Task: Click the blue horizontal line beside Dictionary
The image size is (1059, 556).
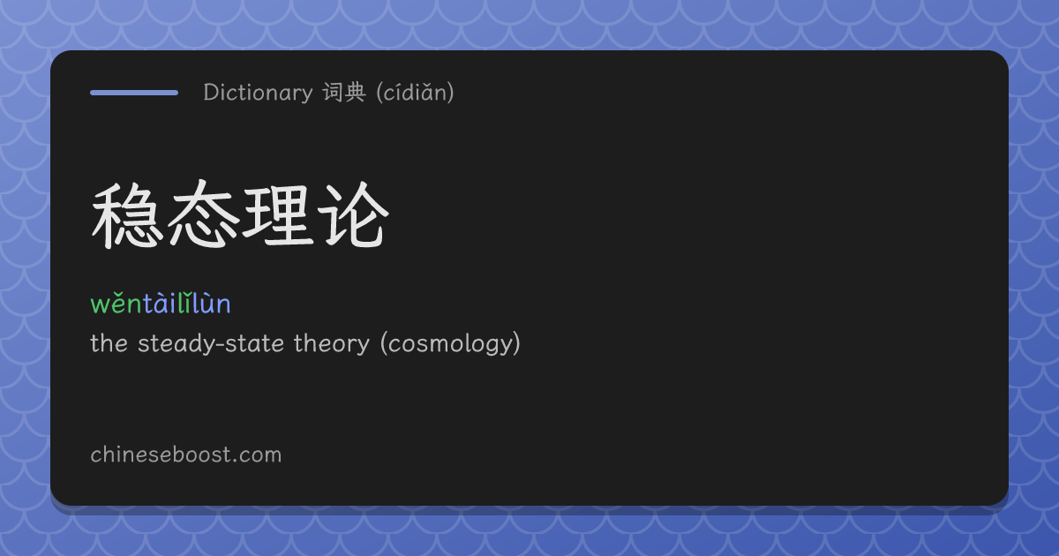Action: (x=134, y=93)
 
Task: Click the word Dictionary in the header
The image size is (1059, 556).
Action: (x=258, y=93)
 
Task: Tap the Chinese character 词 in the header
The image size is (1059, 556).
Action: (x=334, y=92)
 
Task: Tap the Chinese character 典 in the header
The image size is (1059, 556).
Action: (x=356, y=92)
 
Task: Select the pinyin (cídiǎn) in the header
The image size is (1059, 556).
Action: (x=415, y=92)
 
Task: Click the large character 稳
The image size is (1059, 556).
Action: (x=124, y=215)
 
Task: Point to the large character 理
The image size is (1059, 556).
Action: (x=278, y=216)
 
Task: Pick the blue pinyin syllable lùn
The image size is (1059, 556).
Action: (x=211, y=303)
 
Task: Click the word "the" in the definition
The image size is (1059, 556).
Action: (x=109, y=342)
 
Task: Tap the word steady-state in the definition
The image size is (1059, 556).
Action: (x=211, y=343)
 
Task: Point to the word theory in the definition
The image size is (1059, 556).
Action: (x=332, y=343)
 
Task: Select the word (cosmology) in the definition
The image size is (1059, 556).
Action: (x=451, y=343)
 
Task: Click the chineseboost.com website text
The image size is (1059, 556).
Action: (x=186, y=455)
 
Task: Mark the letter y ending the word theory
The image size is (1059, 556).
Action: (x=364, y=347)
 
